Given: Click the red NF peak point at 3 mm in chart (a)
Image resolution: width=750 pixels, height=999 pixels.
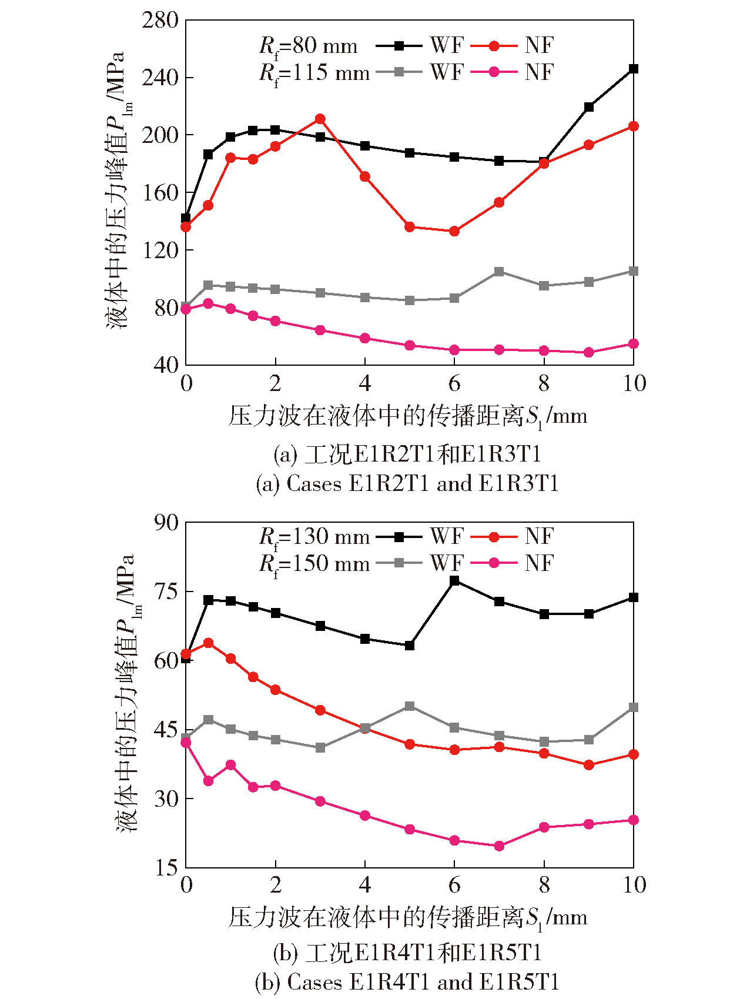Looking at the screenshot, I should [320, 119].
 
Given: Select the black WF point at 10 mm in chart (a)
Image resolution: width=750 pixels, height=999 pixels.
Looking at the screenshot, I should [634, 69].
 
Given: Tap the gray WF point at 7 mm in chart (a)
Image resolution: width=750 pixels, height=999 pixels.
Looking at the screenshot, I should [499, 272].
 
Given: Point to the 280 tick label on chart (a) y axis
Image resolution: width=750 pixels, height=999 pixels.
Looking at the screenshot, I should [160, 21].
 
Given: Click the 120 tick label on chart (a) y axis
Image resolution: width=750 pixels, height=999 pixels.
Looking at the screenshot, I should [160, 250].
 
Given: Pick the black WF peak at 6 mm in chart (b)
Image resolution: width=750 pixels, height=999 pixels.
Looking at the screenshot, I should [454, 581].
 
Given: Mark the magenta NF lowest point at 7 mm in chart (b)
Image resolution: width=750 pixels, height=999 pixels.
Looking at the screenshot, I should [499, 846].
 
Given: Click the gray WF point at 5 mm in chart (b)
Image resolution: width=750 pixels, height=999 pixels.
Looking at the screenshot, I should [410, 706].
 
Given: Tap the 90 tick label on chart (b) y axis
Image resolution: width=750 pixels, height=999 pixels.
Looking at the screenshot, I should [166, 523].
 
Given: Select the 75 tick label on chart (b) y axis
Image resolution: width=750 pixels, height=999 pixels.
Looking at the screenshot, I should [166, 592].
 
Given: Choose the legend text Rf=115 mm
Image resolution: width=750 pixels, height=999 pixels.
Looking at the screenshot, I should [314, 73].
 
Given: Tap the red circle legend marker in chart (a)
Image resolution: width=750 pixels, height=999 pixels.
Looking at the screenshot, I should [494, 46].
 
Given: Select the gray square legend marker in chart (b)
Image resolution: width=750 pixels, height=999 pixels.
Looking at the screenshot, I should [399, 563].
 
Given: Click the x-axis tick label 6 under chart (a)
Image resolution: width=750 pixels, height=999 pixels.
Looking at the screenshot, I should [454, 384].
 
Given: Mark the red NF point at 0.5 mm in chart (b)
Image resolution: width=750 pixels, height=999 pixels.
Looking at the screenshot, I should [208, 643].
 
